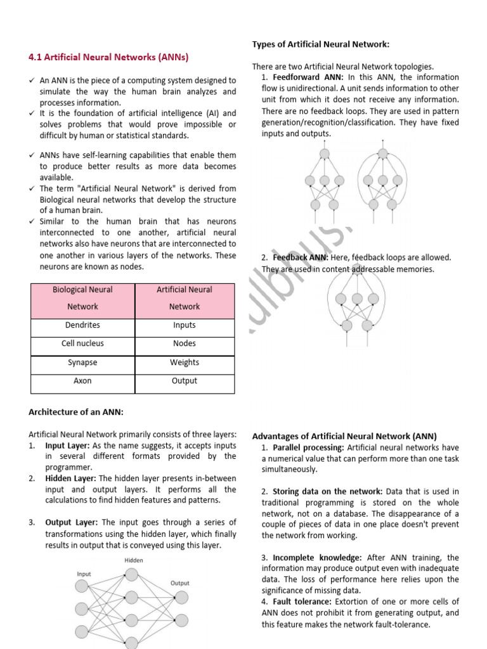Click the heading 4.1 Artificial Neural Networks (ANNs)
click(x=108, y=57)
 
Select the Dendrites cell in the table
click(x=82, y=325)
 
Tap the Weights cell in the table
click(x=185, y=363)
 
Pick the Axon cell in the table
click(x=82, y=381)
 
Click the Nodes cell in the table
click(x=185, y=344)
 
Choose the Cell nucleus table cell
click(x=82, y=344)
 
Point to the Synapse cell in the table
click(x=82, y=363)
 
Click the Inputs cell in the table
click(x=185, y=325)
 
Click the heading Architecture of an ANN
click(x=76, y=412)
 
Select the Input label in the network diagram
click(x=84, y=574)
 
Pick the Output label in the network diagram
click(x=180, y=582)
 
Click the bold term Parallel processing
click(x=308, y=448)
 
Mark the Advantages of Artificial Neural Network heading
click(x=344, y=436)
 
